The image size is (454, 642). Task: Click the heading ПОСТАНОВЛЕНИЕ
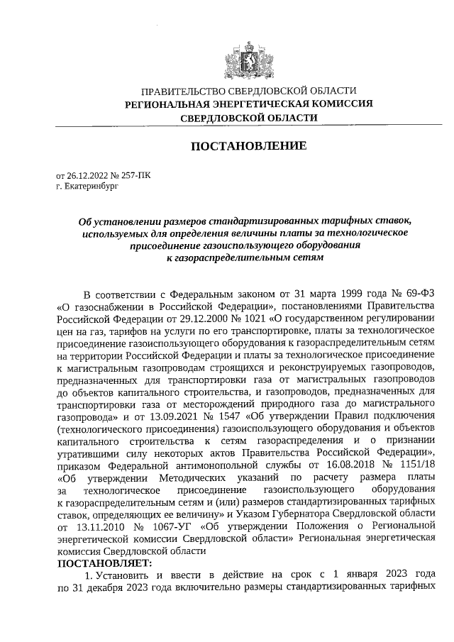click(248, 147)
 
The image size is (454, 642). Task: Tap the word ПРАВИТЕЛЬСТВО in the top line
click(184, 92)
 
